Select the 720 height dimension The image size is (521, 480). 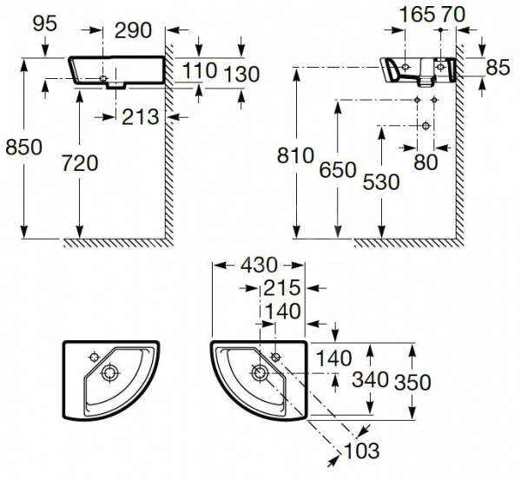80,161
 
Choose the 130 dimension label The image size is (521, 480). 241,75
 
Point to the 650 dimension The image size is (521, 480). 338,170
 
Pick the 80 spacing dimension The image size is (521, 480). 425,162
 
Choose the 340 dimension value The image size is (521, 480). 370,381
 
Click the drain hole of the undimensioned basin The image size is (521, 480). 110,373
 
